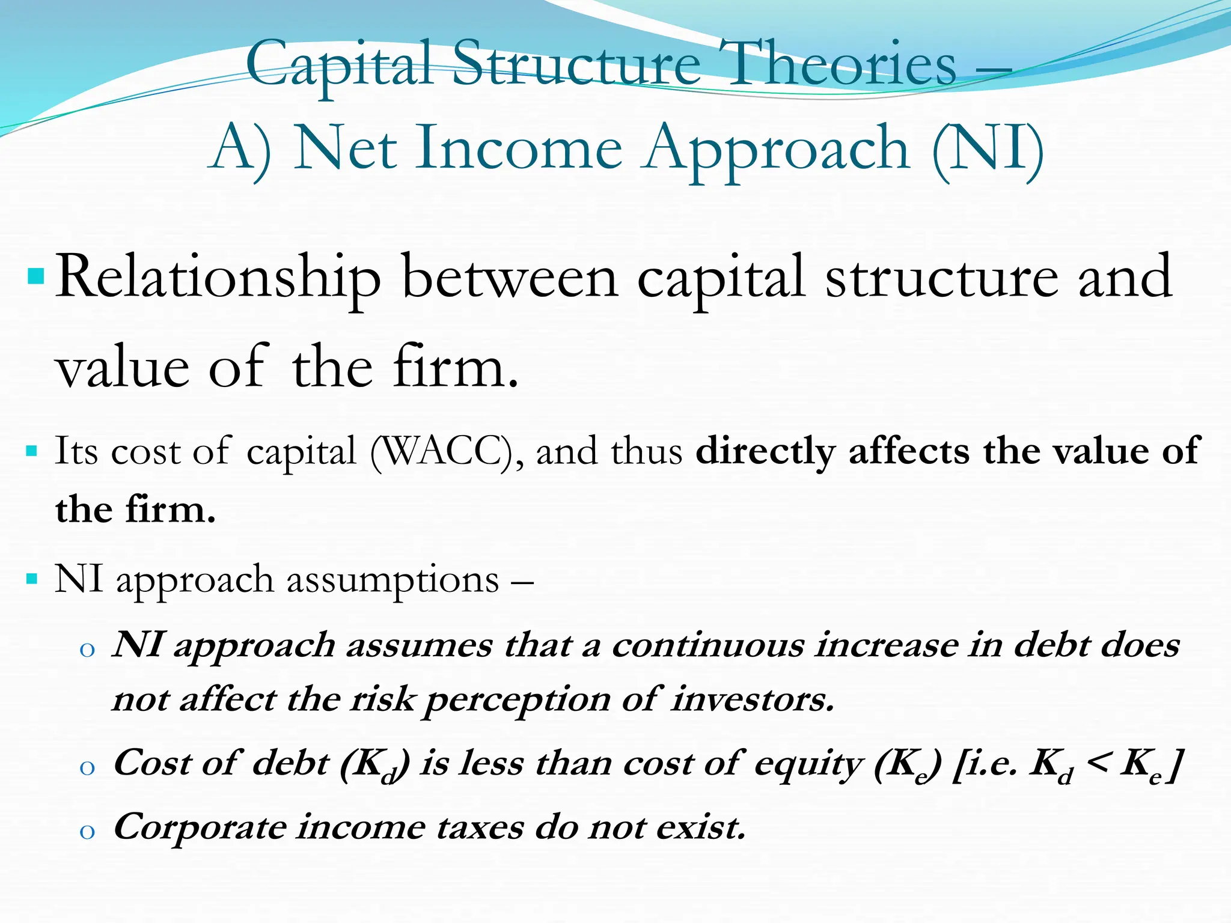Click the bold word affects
(909, 451)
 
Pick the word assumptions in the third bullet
(393, 580)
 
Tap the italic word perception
(517, 701)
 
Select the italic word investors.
(753, 699)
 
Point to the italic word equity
(807, 764)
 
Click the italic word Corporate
(200, 828)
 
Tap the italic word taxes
(480, 828)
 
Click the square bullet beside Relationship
(36, 277)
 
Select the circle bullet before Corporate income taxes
(87, 832)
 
